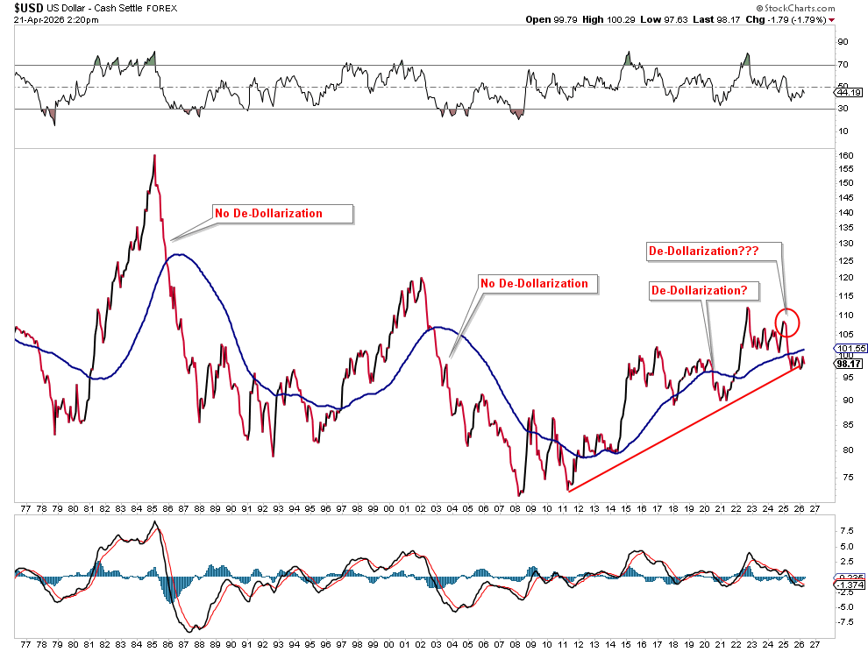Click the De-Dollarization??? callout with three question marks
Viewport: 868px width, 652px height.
pyautogui.click(x=703, y=251)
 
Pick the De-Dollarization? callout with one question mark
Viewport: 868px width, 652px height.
pyautogui.click(x=699, y=290)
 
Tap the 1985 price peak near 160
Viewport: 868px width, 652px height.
pyautogui.click(x=154, y=156)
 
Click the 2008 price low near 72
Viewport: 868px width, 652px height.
pyautogui.click(x=518, y=494)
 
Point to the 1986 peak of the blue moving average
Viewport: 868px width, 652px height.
pyautogui.click(x=178, y=255)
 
